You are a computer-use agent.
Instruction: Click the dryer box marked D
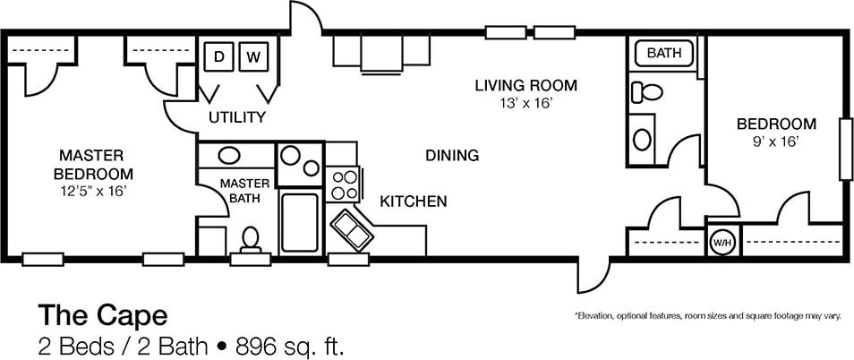click(x=219, y=56)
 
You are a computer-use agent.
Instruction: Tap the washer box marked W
click(x=254, y=56)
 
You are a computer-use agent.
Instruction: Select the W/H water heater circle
click(x=723, y=241)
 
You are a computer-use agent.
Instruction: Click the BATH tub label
click(x=664, y=54)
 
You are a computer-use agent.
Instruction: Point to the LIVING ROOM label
click(x=525, y=85)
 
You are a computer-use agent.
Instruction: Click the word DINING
click(x=452, y=156)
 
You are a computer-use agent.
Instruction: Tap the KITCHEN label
click(x=414, y=202)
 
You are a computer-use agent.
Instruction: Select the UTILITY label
click(x=237, y=117)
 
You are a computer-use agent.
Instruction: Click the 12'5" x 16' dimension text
click(x=93, y=191)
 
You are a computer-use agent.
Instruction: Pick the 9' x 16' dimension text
click(x=776, y=142)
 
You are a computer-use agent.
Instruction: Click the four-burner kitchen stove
click(x=344, y=184)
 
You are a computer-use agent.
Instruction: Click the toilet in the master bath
click(x=251, y=240)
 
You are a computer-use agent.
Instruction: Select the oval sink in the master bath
click(x=229, y=155)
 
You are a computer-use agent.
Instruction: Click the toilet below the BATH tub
click(x=646, y=92)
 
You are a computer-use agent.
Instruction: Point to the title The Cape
click(x=102, y=315)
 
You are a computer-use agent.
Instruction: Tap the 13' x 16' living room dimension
click(x=526, y=104)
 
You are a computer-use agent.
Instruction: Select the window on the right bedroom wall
click(x=846, y=149)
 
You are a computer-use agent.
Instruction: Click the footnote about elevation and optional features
click(x=707, y=316)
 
